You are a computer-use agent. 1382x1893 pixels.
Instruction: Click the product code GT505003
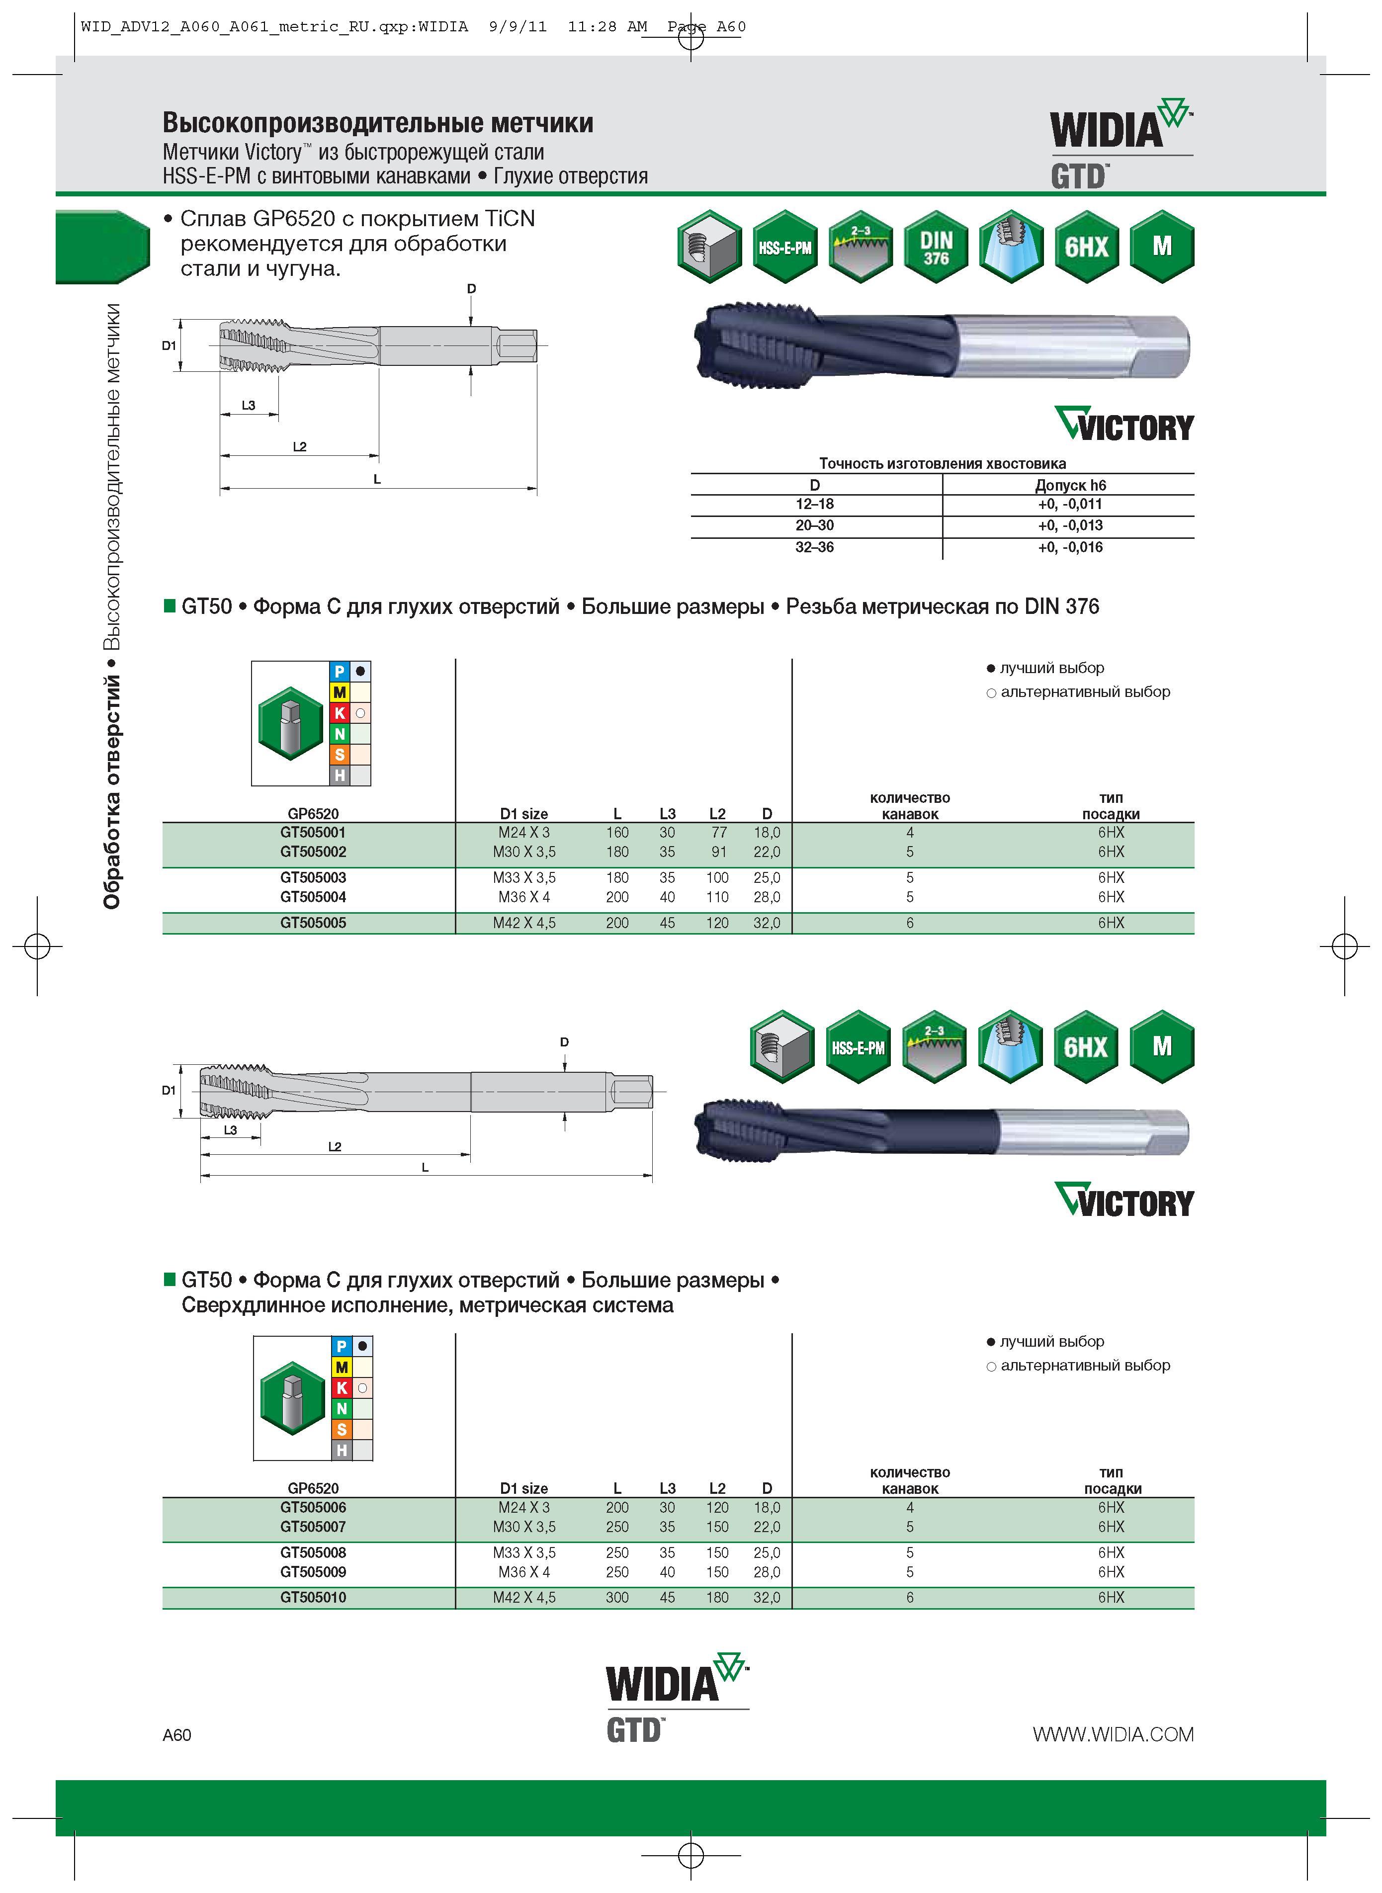313,877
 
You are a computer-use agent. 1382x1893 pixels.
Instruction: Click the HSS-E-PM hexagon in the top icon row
784,247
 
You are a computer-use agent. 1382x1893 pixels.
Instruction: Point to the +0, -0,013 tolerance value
1070,525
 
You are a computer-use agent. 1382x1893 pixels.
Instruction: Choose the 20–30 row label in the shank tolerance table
815,525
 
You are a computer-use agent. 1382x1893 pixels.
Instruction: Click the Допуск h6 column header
1070,485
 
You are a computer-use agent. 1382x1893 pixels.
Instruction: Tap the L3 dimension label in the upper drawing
249,406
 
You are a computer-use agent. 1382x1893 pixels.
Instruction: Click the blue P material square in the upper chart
340,671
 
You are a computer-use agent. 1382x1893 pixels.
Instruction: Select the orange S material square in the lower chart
342,1430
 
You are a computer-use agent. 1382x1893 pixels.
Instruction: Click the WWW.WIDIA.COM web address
1113,1734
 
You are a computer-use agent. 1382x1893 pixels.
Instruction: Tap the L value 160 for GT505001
617,832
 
